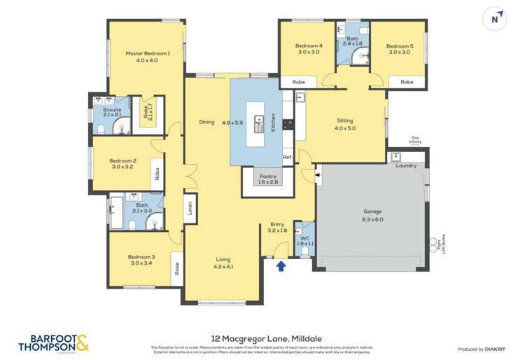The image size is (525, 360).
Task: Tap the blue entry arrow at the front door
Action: click(x=281, y=265)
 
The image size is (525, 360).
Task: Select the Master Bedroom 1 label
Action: click(x=142, y=53)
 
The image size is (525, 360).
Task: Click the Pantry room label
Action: click(x=268, y=176)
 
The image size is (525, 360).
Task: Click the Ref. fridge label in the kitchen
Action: click(x=287, y=157)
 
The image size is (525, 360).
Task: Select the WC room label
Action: click(x=304, y=238)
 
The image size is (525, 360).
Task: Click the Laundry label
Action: click(x=406, y=166)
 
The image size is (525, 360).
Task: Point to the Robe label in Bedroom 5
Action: click(x=407, y=82)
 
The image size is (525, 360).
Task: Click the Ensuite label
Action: click(x=112, y=110)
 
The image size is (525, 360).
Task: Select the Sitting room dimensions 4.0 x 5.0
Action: click(x=345, y=128)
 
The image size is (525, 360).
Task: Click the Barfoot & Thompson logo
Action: click(x=54, y=342)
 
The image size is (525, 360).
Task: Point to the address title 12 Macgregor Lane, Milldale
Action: click(x=262, y=335)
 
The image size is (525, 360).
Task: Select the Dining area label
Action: click(x=206, y=122)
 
